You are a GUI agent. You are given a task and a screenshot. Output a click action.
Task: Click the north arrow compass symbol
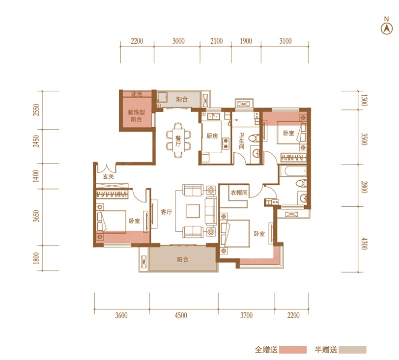[x=386, y=29]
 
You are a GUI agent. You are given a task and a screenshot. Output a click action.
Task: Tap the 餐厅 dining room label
[x=178, y=140]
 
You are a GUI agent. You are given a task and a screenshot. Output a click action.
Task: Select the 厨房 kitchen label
[x=212, y=136]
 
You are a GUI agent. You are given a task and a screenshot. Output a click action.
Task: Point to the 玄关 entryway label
[x=109, y=176]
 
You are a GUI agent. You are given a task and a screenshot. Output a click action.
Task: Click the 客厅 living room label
[x=167, y=212]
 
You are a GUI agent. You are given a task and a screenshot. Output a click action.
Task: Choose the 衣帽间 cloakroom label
[x=239, y=193]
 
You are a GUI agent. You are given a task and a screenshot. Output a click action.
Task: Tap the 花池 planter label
[x=137, y=94]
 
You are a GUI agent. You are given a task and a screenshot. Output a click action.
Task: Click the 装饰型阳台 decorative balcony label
[x=136, y=116]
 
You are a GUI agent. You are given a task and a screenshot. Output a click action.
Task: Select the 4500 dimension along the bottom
[x=181, y=315]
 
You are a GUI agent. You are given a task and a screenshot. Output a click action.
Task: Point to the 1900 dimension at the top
[x=246, y=41]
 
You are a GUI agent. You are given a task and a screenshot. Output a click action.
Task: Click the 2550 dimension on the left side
[x=36, y=110]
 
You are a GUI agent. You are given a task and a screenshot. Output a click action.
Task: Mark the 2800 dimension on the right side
[x=364, y=187]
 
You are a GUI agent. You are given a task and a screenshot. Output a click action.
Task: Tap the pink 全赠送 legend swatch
[x=293, y=350]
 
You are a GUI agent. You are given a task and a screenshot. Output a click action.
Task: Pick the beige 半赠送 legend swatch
[x=353, y=350]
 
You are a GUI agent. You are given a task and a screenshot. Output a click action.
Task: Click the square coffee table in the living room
[x=193, y=211]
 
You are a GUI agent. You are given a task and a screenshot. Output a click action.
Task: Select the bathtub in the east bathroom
[x=293, y=171]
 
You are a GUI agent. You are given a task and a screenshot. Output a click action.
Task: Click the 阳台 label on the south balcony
[x=182, y=259]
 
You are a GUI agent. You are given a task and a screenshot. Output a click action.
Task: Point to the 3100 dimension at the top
[x=285, y=41]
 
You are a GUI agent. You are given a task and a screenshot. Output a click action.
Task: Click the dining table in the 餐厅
[x=178, y=140]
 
